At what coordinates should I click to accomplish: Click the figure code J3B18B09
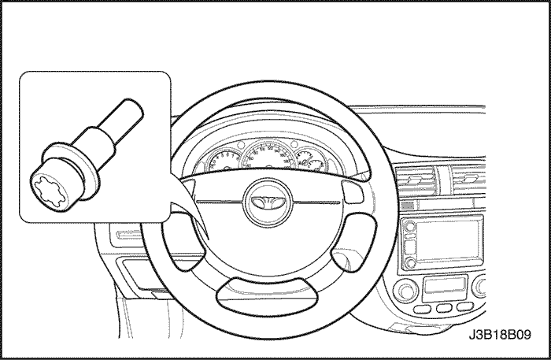coord(500,335)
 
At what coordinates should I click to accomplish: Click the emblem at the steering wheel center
coord(268,202)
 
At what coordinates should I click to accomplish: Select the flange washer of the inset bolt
coord(70,169)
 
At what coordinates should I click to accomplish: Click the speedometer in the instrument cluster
coord(269,154)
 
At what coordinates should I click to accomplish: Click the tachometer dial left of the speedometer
coord(223,161)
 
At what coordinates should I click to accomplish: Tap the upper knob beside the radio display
coord(409,225)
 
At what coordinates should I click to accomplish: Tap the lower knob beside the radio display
coord(410,263)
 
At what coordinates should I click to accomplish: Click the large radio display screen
coord(448,240)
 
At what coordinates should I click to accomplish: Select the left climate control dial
coord(407,291)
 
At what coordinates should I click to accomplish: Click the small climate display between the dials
coord(446,285)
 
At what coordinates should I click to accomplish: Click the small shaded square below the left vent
coord(408,206)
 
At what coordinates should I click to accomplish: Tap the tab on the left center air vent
coord(414,180)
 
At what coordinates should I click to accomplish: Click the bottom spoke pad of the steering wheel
coord(268,296)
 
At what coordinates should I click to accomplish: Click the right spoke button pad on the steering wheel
coord(353,191)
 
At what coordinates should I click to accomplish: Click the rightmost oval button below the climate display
coord(465,307)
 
